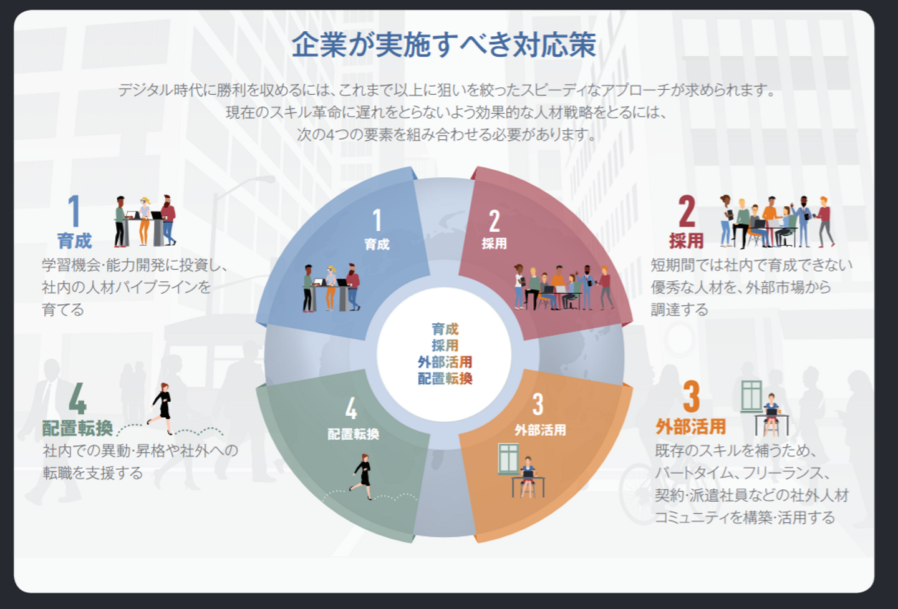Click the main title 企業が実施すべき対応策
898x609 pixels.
(444, 45)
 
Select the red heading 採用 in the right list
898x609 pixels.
(686, 241)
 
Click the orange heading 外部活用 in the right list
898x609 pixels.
(691, 427)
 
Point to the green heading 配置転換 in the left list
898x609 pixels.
(77, 428)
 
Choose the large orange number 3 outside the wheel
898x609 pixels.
(692, 397)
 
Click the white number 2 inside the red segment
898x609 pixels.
(494, 221)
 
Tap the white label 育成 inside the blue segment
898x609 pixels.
(377, 244)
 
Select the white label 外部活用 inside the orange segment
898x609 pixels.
(540, 430)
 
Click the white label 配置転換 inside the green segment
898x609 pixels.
(353, 434)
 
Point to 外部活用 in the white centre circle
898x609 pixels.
(445, 362)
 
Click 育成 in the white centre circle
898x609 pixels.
(445, 329)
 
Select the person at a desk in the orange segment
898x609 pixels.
(528, 476)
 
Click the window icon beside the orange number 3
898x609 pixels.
(751, 396)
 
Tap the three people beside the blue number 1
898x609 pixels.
(145, 221)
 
